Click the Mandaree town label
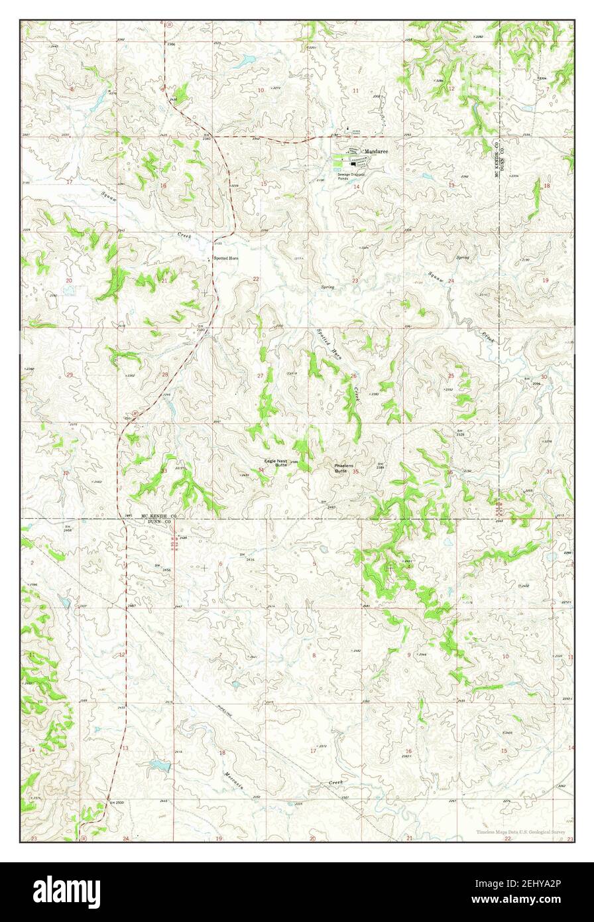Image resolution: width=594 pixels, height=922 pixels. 376,151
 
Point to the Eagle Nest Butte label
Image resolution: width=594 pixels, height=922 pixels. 275,463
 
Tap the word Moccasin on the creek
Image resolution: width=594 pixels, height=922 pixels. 233,783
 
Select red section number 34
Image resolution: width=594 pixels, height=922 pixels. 261,470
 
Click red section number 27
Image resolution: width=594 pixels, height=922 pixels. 261,376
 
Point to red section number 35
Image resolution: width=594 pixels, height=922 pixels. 356,472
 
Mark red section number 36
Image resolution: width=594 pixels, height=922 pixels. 450,472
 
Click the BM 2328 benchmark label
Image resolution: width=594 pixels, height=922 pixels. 459,432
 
